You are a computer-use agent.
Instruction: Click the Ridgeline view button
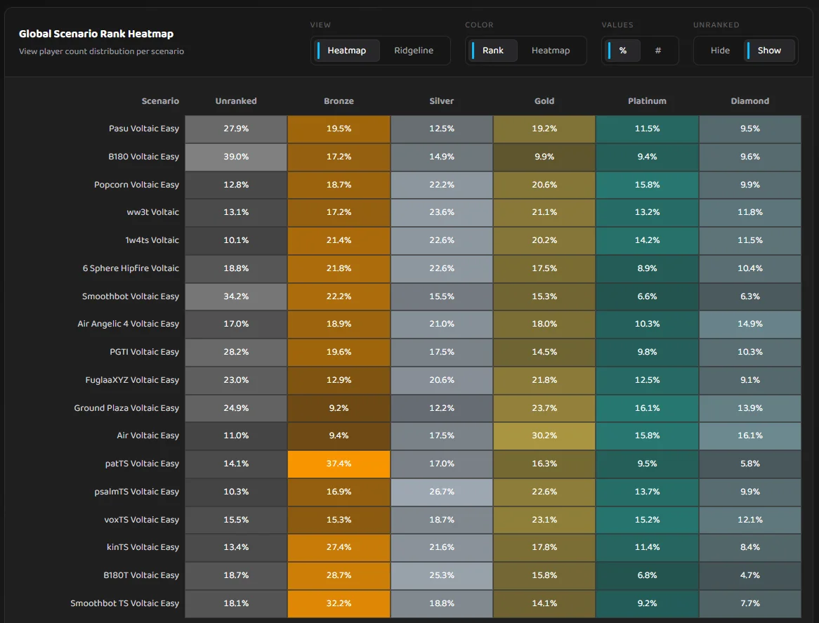414,51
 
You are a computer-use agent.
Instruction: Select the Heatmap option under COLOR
550,51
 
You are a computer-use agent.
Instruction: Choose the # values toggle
657,51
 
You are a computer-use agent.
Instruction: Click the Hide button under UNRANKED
720,51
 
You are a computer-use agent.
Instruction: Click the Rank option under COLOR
492,51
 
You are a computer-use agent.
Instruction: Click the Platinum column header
647,101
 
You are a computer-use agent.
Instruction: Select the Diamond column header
749,101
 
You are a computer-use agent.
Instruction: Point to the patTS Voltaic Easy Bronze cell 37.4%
339,464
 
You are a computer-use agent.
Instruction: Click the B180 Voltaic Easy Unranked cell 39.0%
236,157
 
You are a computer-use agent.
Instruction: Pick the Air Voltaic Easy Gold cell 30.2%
544,435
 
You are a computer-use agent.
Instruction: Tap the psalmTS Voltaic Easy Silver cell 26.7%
442,492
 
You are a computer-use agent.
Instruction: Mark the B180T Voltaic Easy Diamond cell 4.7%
749,575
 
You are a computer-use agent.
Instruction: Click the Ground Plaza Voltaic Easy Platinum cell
647,408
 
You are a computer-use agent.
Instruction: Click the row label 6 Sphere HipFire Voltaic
131,268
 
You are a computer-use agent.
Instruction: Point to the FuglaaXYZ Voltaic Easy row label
132,380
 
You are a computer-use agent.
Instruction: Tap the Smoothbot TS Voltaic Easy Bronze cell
339,603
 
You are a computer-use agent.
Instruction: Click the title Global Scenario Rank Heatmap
96,34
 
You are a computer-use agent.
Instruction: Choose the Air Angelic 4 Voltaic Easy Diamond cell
749,324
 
